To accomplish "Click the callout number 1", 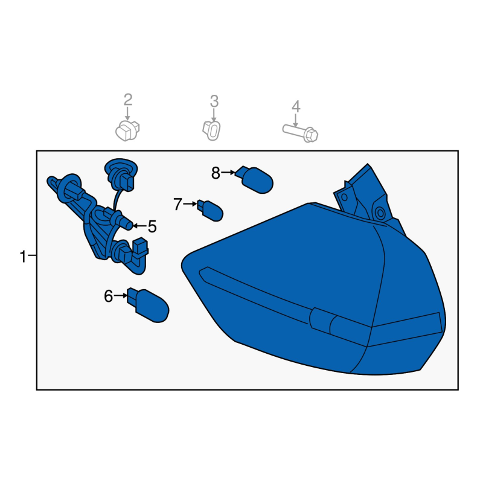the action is coord(23,256).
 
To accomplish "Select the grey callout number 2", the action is coord(128,100).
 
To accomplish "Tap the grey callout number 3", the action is coord(214,101).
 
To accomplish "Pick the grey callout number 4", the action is coord(296,106).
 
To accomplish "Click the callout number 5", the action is coord(153,226).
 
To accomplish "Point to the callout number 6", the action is coord(109,296).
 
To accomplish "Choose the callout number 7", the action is coord(178,204).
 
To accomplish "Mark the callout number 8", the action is coord(216,173).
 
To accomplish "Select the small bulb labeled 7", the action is coord(210,210).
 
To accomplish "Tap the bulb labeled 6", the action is coord(148,305).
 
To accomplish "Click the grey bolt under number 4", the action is coord(300,133).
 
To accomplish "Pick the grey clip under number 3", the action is coord(212,130).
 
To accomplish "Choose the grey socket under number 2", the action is coord(127,131).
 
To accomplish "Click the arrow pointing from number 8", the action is coord(228,173).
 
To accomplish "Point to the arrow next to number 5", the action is coord(139,226).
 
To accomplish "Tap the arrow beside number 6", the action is coord(120,296).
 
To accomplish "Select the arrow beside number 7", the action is coord(190,204).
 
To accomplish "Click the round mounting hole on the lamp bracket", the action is coord(380,213).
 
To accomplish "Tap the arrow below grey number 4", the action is coord(295,120).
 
